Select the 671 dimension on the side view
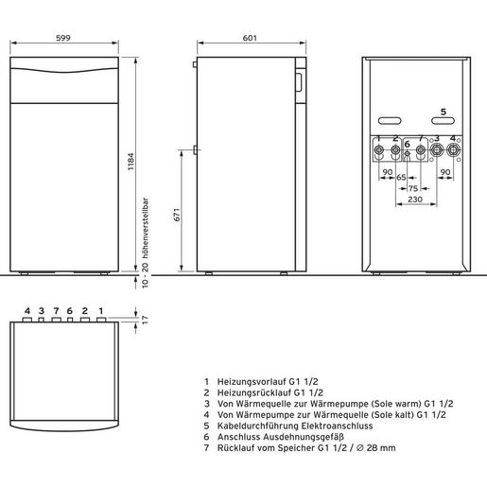point(174,217)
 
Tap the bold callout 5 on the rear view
point(442,111)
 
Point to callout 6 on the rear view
point(407,145)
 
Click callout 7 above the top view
point(57,310)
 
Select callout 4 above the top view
point(27,310)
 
